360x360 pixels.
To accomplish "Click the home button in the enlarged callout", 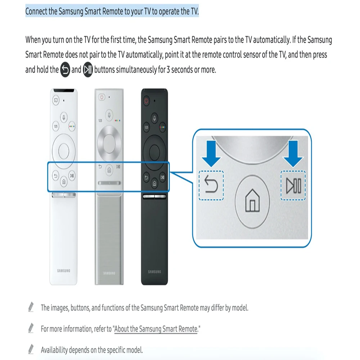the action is (252, 202).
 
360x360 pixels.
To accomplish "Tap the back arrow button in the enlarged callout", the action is (211, 185).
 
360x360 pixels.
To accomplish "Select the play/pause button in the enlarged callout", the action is (293, 185).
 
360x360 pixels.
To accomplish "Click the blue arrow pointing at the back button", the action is (211, 154).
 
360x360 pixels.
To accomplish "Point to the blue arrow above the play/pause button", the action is (293, 154).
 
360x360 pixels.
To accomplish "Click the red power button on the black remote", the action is (146, 100).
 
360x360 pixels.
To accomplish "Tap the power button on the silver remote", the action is (102, 97).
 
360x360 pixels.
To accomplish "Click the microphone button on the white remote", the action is (64, 118).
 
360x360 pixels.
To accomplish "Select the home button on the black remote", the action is (154, 183).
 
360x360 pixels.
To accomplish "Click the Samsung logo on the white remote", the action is (64, 271).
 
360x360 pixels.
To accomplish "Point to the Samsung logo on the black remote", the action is (154, 272).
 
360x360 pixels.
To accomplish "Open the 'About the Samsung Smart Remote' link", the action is (156, 329).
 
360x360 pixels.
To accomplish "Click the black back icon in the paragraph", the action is (65, 70).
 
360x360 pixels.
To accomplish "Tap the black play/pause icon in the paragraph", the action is (88, 70).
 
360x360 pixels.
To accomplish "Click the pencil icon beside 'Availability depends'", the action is (31, 349).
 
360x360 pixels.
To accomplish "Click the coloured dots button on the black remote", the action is (163, 127).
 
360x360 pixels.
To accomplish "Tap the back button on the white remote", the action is (55, 176).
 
